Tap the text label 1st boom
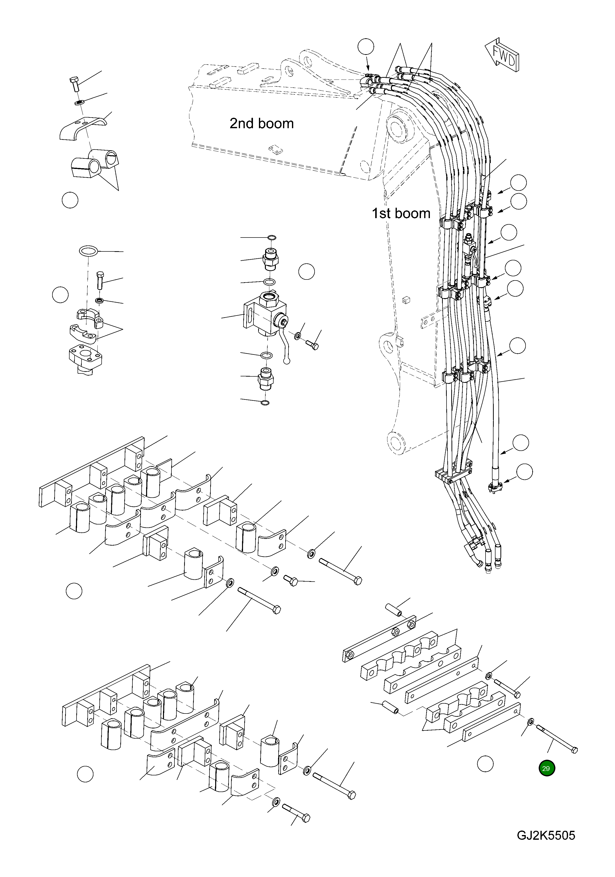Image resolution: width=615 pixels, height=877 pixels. (401, 213)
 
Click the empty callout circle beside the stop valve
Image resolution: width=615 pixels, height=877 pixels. (306, 272)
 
